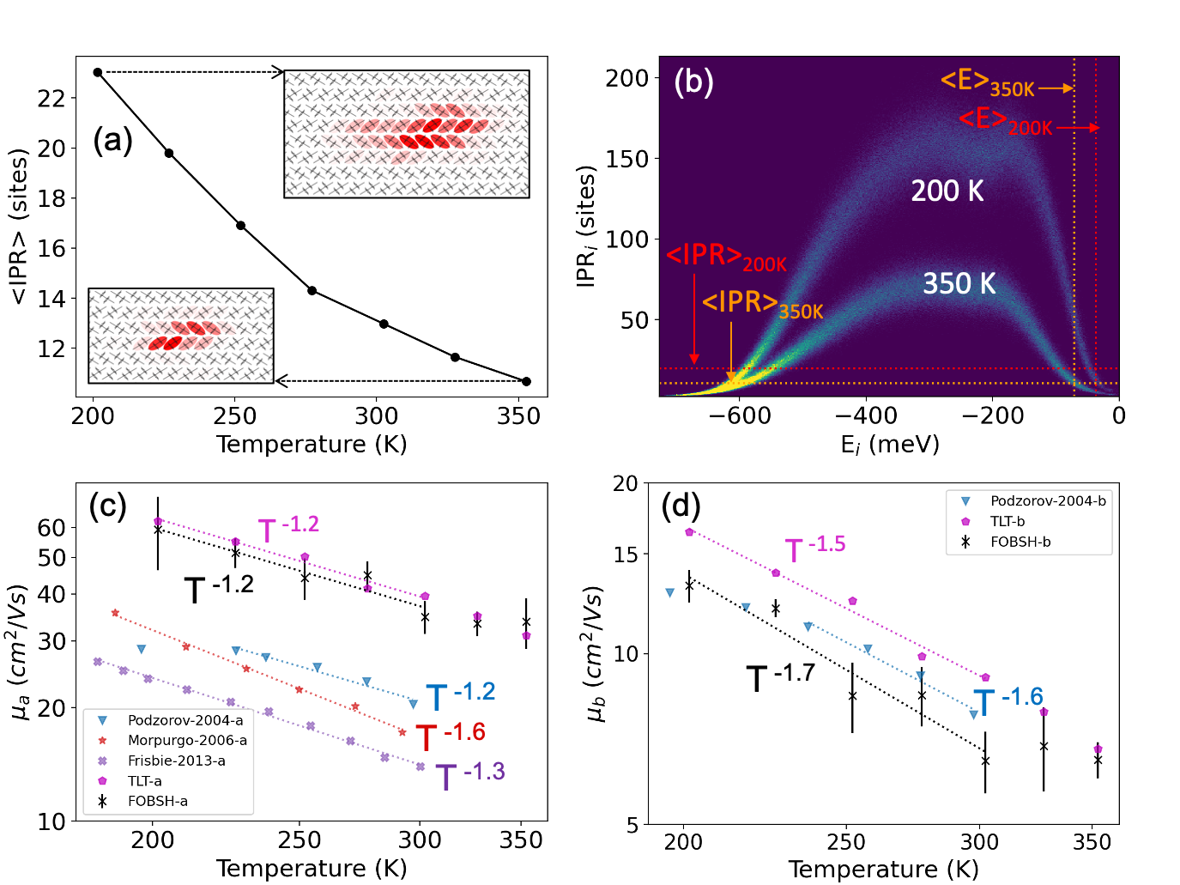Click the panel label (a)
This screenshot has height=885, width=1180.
(x=112, y=139)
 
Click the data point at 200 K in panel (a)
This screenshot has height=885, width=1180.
(x=98, y=72)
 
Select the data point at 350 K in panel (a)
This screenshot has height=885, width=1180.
(x=526, y=381)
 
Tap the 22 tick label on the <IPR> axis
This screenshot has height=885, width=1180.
(x=51, y=99)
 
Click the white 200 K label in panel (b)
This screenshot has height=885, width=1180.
(x=947, y=191)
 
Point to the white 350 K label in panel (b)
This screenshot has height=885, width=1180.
(x=959, y=283)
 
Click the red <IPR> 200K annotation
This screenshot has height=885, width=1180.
(x=726, y=258)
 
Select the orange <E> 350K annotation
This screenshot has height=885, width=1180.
(x=988, y=83)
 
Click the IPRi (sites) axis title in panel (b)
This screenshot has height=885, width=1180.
(x=586, y=227)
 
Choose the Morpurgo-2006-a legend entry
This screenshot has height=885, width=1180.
(x=186, y=740)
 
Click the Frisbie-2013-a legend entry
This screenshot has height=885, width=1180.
(x=176, y=761)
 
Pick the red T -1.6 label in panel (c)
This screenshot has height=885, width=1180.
(x=451, y=736)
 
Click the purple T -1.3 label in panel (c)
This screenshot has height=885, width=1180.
(x=469, y=775)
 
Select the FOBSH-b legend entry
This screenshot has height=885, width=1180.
(x=1020, y=542)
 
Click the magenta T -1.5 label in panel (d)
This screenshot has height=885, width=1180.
(x=815, y=548)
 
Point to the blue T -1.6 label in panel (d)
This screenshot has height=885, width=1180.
(x=1008, y=700)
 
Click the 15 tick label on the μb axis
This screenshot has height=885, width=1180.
(x=626, y=555)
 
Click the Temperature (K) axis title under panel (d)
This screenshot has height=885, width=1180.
(x=883, y=870)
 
